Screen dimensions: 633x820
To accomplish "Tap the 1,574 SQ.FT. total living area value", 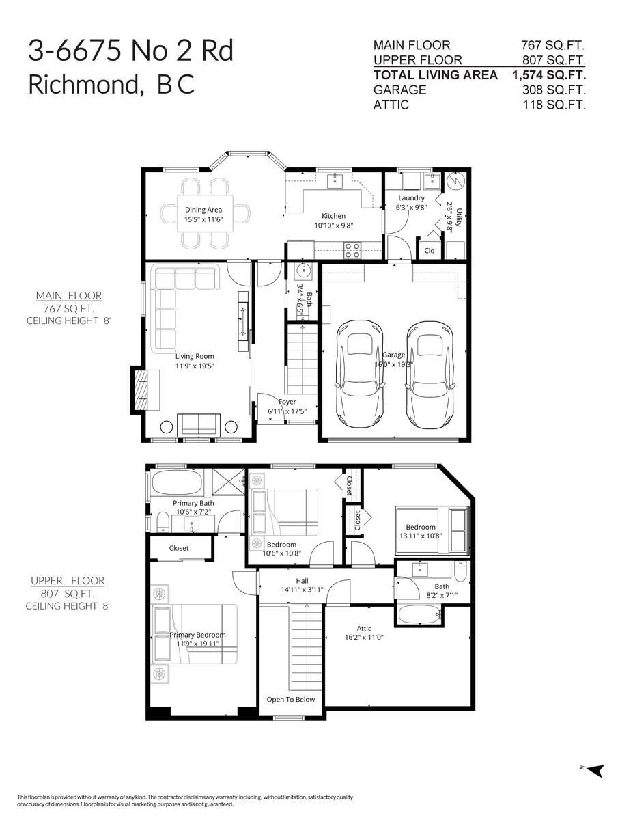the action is pyautogui.click(x=548, y=74).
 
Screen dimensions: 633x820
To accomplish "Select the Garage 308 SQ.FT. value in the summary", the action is pyautogui.click(x=554, y=90).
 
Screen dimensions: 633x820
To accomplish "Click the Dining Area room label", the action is pyautogui.click(x=203, y=210).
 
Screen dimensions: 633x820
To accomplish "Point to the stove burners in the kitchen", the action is pyautogui.click(x=352, y=251).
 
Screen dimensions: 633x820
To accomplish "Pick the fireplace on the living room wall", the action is pyautogui.click(x=145, y=389).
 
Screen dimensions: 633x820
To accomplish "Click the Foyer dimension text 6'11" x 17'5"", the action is pyautogui.click(x=287, y=411).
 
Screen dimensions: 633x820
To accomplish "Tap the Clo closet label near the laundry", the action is pyautogui.click(x=429, y=251).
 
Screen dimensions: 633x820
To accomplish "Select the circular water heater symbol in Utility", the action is pyautogui.click(x=456, y=182).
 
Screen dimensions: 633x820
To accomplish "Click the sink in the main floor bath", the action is pyautogui.click(x=303, y=271).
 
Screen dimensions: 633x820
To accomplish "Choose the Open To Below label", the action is pyautogui.click(x=291, y=699).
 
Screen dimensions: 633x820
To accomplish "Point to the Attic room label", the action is pyautogui.click(x=364, y=628).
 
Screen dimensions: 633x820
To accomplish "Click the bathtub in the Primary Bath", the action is pyautogui.click(x=176, y=482).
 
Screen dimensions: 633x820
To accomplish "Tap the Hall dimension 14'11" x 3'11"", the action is pyautogui.click(x=302, y=590).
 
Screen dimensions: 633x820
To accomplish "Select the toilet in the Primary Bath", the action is pyautogui.click(x=162, y=522).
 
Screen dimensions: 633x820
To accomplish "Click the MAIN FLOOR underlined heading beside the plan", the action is pyautogui.click(x=69, y=295).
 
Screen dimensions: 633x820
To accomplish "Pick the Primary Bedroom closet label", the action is pyautogui.click(x=179, y=548).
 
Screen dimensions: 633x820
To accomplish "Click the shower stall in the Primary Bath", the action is pyautogui.click(x=229, y=482).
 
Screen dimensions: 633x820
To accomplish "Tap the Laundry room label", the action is pyautogui.click(x=411, y=197).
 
